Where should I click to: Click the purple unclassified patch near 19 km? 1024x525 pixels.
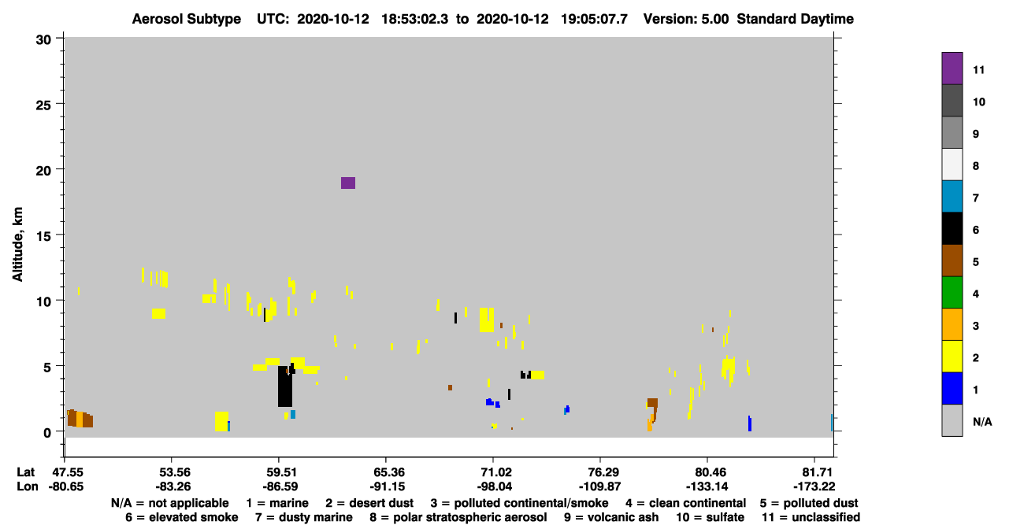click(x=348, y=183)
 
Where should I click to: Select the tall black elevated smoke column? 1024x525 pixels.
click(x=285, y=386)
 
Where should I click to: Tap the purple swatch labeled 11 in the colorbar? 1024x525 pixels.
click(x=952, y=68)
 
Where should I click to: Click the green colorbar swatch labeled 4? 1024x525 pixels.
click(x=952, y=293)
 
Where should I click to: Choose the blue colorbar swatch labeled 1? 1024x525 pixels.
click(x=952, y=388)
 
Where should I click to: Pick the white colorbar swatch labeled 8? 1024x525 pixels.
click(x=952, y=165)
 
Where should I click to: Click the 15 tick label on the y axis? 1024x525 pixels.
click(x=44, y=236)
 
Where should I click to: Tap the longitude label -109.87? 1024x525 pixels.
click(x=599, y=486)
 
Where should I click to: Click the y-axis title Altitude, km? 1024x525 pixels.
click(x=17, y=244)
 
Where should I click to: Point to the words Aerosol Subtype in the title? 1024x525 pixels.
click(x=187, y=19)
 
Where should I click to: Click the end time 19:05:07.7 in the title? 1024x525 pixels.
click(x=594, y=19)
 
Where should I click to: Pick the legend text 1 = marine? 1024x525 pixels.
click(x=277, y=503)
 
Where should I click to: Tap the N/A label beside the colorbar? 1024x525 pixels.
click(x=982, y=422)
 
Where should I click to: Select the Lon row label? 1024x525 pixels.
click(x=28, y=486)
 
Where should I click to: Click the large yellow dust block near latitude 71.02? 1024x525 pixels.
click(x=487, y=320)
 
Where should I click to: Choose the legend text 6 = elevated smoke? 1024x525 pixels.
click(x=182, y=517)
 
